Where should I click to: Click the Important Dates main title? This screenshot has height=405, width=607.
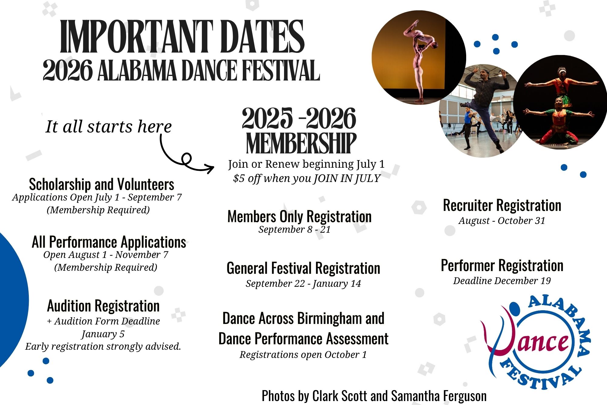[182, 36]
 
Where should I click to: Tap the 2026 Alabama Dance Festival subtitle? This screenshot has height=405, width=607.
[181, 70]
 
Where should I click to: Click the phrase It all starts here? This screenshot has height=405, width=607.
[108, 126]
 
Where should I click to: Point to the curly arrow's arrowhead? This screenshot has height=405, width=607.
[209, 167]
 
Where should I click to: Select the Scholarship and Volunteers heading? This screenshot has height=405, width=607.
[101, 184]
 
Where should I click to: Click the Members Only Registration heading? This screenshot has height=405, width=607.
[299, 217]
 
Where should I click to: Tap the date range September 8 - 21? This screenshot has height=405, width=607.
[294, 229]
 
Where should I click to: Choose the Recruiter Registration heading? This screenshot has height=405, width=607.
[502, 205]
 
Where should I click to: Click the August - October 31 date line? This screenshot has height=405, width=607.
[502, 221]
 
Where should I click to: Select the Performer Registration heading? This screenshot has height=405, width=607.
[502, 266]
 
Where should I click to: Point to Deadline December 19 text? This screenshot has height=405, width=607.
[502, 281]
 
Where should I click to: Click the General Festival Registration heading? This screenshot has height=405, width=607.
[303, 268]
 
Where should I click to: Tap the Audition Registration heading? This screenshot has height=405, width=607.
[103, 306]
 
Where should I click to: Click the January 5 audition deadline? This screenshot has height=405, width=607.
[103, 334]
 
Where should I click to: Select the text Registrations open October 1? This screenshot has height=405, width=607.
[303, 355]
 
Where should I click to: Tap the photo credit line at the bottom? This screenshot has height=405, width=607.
[374, 396]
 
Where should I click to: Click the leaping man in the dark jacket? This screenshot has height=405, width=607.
[483, 106]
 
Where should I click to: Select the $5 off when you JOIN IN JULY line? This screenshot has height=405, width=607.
[307, 178]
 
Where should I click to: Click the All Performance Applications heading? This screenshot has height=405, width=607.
[109, 242]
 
